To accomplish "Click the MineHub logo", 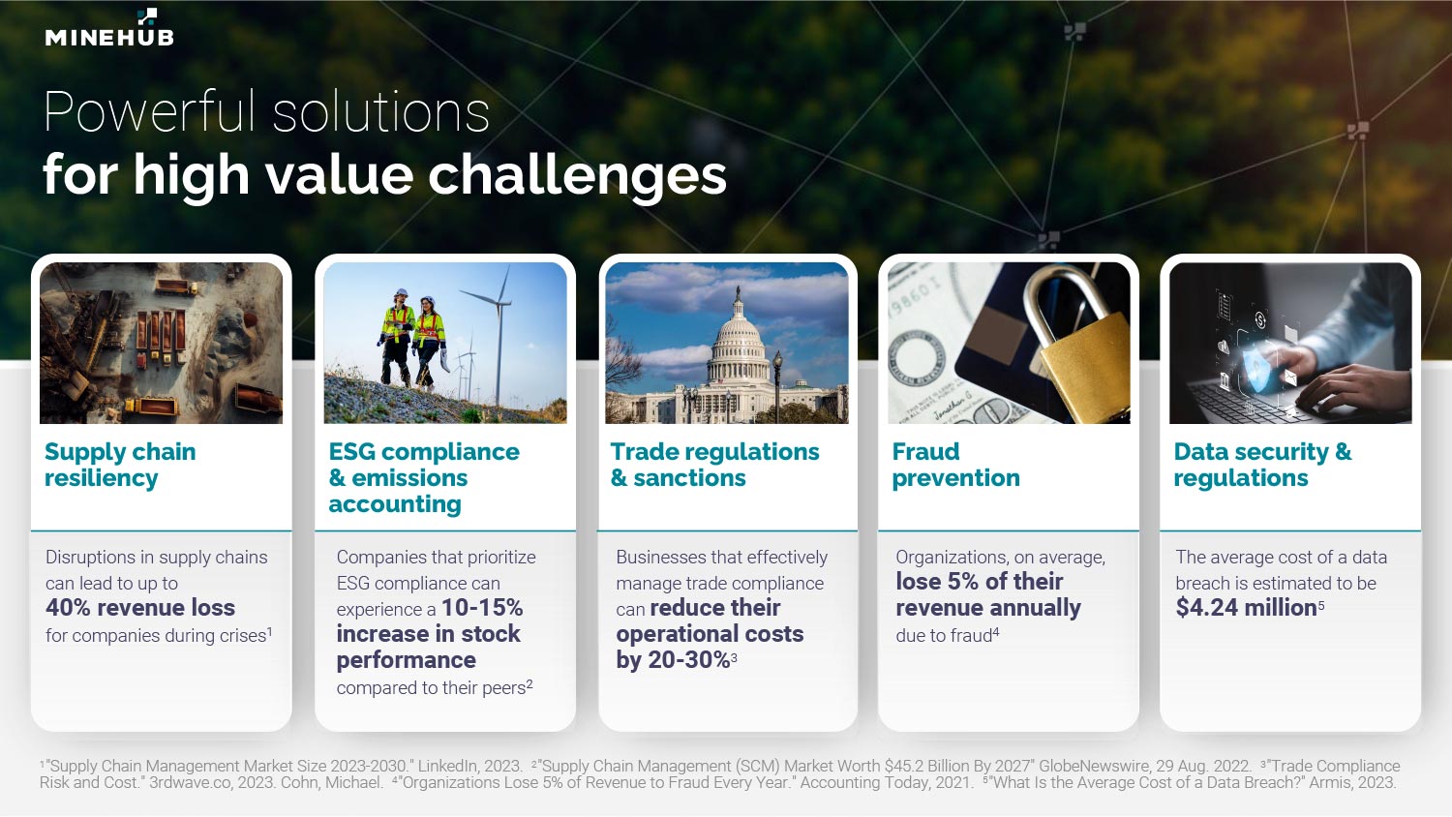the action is click(x=109, y=28).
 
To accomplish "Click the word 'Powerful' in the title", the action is click(x=150, y=112).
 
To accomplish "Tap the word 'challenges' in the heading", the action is click(x=577, y=176).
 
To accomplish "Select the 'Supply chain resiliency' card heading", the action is click(x=121, y=465).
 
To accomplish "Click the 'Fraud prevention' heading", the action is click(x=955, y=465).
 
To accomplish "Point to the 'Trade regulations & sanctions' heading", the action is click(x=715, y=465).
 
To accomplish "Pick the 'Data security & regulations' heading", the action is click(x=1262, y=465).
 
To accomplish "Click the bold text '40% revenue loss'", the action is click(x=140, y=608).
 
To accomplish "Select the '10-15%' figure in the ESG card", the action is click(x=482, y=608).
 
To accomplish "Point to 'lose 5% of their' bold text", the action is click(x=980, y=582).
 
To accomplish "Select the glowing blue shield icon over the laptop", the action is click(x=1257, y=370).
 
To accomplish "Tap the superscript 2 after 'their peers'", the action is click(x=529, y=683).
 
